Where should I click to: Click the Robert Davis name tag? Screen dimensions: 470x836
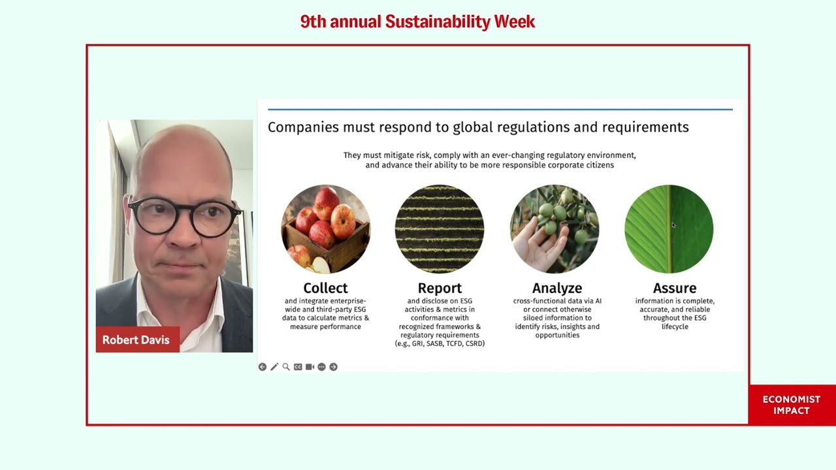tap(136, 340)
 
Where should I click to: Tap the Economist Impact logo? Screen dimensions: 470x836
tap(791, 405)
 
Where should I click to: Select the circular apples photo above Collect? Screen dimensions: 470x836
tap(325, 229)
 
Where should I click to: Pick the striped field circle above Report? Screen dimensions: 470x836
tap(440, 229)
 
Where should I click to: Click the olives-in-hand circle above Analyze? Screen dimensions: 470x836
tap(555, 229)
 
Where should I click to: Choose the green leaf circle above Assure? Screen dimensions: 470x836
tap(669, 229)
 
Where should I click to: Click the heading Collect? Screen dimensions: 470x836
tap(325, 288)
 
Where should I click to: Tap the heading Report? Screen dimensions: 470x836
tap(440, 288)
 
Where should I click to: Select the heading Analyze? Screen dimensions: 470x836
tap(557, 288)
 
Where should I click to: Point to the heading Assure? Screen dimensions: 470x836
tap(675, 288)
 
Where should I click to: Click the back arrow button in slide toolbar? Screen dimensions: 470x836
tap(263, 367)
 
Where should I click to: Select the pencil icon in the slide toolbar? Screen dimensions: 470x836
tap(274, 367)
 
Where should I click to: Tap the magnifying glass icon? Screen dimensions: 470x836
tap(286, 367)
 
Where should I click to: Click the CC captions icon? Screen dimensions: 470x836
tap(298, 367)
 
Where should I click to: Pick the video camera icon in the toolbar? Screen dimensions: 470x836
tap(310, 367)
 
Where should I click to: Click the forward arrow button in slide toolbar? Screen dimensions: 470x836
tap(333, 367)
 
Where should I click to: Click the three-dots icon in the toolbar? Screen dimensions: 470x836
tap(321, 367)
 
